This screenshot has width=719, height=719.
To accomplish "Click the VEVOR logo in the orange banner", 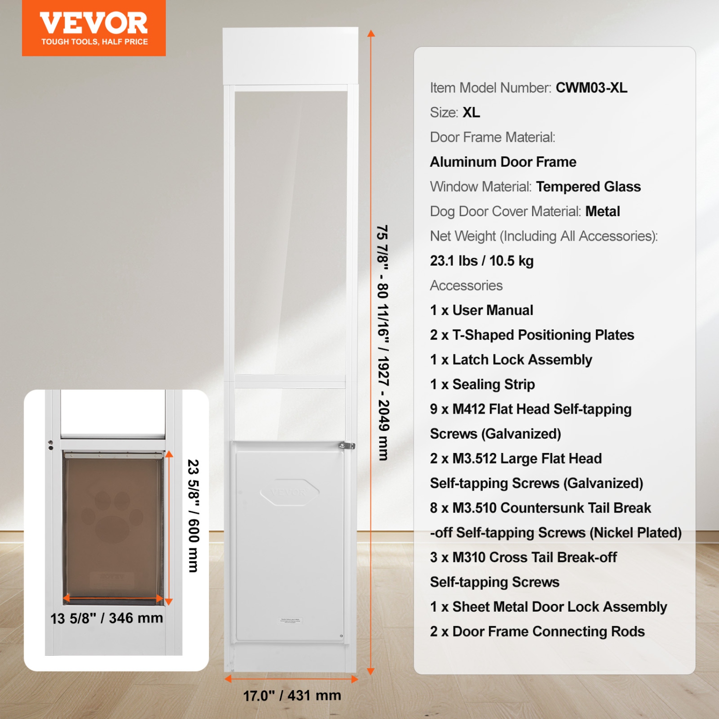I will click(x=93, y=23).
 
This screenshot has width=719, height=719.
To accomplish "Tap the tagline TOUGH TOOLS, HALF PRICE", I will click(x=94, y=42).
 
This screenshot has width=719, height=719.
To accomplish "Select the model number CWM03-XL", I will click(x=591, y=88).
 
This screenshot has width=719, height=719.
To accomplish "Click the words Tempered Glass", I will click(x=588, y=186).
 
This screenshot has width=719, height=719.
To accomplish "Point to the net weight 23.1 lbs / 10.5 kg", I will click(x=481, y=261).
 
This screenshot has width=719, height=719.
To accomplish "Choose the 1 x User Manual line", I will click(x=481, y=310).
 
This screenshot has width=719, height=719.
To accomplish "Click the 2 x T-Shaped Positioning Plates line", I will click(x=532, y=335).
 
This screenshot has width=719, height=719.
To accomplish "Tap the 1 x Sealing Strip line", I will click(x=482, y=384).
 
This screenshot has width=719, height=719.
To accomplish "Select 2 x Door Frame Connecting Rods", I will click(x=537, y=631).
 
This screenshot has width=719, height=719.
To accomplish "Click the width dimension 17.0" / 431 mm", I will click(x=291, y=695).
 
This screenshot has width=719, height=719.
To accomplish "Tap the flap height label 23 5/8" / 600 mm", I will click(x=193, y=516).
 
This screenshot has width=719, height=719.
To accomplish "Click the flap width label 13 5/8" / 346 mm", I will click(x=106, y=618).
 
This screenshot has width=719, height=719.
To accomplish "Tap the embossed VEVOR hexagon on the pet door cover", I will click(x=290, y=492).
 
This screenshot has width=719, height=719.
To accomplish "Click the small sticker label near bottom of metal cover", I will click(x=290, y=620).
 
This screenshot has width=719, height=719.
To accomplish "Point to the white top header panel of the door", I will click(x=290, y=56).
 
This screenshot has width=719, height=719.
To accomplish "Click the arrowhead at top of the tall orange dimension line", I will click(x=371, y=33).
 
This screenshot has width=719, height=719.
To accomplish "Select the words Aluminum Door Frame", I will click(x=503, y=162).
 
